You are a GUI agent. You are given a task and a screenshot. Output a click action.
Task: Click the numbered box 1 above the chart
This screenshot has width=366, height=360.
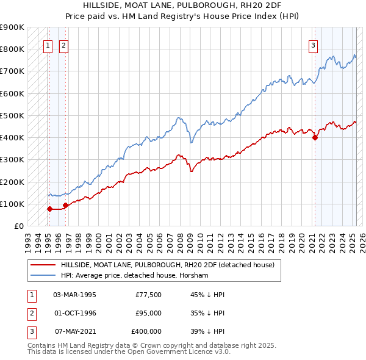48,44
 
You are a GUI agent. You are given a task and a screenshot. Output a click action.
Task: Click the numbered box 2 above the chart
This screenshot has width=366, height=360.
63,44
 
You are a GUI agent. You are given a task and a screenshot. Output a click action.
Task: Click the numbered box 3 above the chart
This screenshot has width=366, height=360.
313,44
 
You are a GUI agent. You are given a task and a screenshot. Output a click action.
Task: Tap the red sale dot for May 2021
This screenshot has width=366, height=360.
315,137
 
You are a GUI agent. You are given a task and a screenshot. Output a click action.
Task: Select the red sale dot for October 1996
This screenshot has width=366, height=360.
65,205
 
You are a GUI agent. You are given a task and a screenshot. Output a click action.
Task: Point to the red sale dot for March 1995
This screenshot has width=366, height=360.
49,209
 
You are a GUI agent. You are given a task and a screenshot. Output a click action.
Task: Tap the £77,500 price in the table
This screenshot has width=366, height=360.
148,295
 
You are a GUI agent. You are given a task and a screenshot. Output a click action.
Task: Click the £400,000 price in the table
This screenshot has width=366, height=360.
146,331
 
